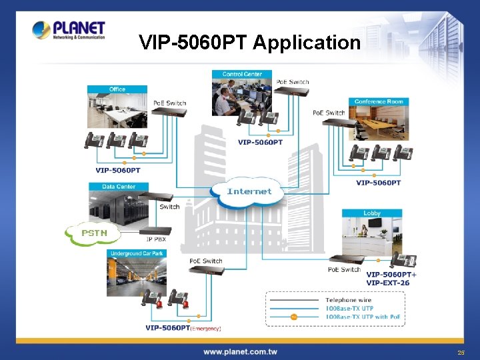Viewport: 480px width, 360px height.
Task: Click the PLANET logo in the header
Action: [x=69, y=31]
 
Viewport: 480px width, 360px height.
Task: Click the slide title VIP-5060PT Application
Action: [x=249, y=43]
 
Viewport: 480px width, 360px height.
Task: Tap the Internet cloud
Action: [x=249, y=192]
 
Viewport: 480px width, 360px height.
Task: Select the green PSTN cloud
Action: [x=92, y=233]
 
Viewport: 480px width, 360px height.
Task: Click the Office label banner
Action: [x=117, y=89]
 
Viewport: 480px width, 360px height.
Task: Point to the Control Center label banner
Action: [x=241, y=74]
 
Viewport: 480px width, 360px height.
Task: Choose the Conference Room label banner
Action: [x=379, y=102]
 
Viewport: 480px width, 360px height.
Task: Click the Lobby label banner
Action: [x=372, y=213]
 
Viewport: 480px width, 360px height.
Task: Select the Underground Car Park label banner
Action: [x=137, y=254]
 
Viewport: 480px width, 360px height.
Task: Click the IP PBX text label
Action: [x=156, y=238]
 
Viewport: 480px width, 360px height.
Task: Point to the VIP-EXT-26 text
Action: [x=387, y=283]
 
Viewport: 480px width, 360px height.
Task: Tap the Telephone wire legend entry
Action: [x=349, y=301]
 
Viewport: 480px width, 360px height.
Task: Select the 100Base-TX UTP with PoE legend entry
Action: [x=363, y=317]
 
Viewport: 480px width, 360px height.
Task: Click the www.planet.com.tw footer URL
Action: [x=240, y=351]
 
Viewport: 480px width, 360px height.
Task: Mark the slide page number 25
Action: [x=461, y=352]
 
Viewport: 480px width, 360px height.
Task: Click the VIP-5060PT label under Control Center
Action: [x=260, y=142]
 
